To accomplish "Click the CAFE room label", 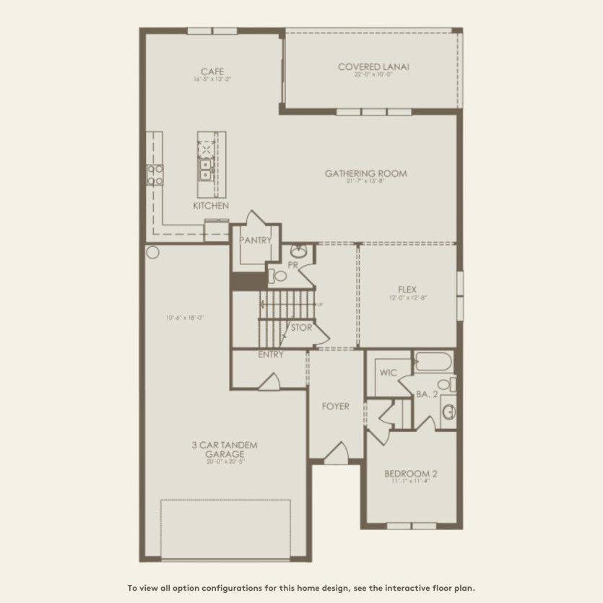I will (x=212, y=71).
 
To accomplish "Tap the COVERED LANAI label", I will (x=373, y=66).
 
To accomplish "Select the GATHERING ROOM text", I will (x=365, y=173).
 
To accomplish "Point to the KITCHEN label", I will (x=211, y=206).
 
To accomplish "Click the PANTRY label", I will (x=255, y=240).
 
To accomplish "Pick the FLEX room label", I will (x=407, y=290).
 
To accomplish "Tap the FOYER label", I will (x=335, y=407).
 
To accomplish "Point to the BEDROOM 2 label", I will (x=411, y=474).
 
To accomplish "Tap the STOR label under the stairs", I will (x=300, y=328).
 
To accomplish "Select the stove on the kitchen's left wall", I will (x=155, y=174).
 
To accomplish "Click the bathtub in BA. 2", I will (x=433, y=360).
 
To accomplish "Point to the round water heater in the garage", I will (x=152, y=253).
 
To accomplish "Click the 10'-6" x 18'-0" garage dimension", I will (x=184, y=317).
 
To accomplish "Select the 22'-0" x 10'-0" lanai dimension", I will (x=373, y=74).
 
